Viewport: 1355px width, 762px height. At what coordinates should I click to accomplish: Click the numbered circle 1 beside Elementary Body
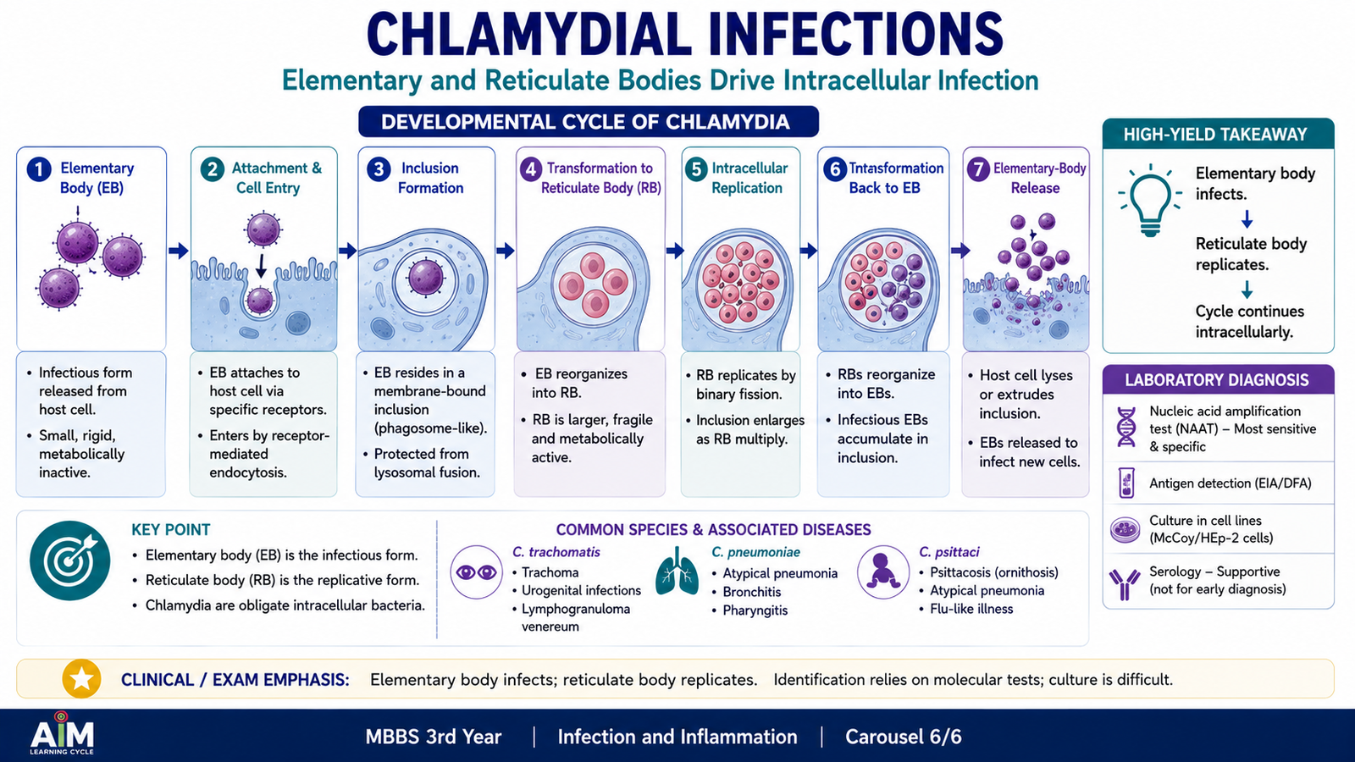click(x=39, y=170)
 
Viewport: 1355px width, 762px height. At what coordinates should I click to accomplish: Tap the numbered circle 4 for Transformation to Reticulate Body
click(x=530, y=170)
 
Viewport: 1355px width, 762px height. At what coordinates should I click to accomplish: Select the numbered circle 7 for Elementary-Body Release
click(x=978, y=170)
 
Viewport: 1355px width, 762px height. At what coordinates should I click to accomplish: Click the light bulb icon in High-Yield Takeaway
click(x=1150, y=201)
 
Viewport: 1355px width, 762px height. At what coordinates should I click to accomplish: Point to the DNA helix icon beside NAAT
click(x=1126, y=427)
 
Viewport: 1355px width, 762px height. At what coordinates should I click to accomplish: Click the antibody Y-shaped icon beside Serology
click(x=1125, y=583)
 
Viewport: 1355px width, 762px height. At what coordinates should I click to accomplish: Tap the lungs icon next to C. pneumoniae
click(x=676, y=571)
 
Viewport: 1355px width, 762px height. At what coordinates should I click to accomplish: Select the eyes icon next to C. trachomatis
click(x=476, y=572)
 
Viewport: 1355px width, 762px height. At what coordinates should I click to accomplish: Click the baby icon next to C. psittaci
click(x=883, y=572)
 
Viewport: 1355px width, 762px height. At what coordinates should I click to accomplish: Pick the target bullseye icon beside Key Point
click(x=70, y=560)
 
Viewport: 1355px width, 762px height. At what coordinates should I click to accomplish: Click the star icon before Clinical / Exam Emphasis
click(x=81, y=678)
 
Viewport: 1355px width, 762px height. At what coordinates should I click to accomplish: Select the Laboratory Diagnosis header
click(x=1217, y=380)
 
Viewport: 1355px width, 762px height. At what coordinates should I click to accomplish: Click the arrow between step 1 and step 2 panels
click(x=179, y=251)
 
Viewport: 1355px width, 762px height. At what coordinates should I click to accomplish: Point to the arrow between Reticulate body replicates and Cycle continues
click(x=1247, y=290)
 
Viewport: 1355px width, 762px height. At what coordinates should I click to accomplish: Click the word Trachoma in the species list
click(x=550, y=572)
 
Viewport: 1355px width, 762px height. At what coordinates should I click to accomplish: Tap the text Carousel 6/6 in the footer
click(x=903, y=737)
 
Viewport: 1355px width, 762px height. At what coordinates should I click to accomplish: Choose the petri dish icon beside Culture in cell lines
click(x=1125, y=530)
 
